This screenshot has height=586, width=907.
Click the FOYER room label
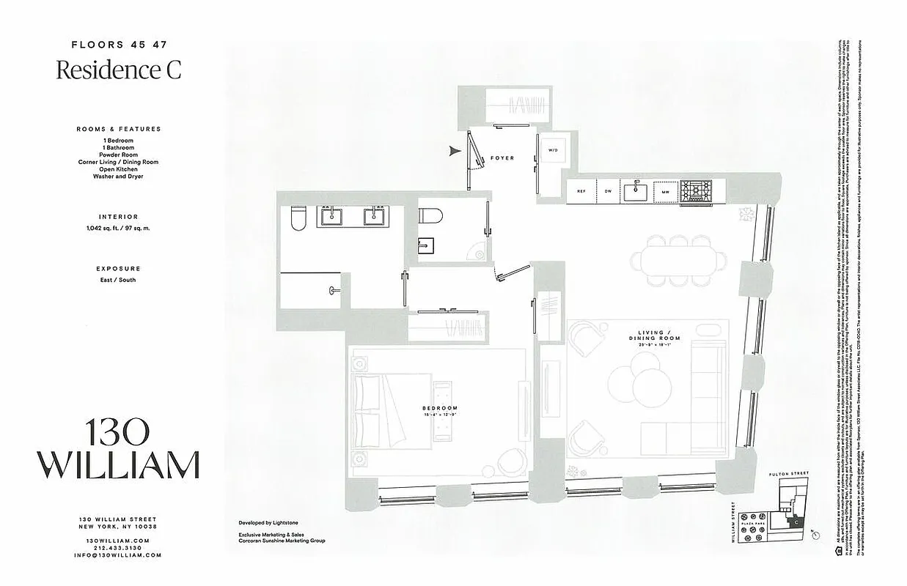503,158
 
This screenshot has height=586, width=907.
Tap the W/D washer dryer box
551,150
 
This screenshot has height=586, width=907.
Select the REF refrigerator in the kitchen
581,191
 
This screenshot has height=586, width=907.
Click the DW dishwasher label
608,191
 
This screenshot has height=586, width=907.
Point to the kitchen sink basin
635,192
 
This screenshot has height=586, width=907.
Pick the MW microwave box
666,191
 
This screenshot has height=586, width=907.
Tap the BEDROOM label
440,409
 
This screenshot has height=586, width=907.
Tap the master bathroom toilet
298,218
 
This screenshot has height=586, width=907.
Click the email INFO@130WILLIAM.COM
118,555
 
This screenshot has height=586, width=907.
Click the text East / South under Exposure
118,280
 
